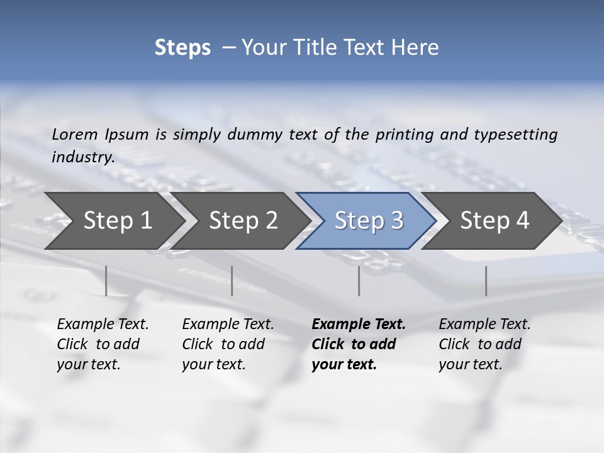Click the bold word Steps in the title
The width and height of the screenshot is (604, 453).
click(182, 48)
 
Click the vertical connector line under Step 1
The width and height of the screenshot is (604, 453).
click(106, 281)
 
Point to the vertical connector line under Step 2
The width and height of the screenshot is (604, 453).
click(232, 281)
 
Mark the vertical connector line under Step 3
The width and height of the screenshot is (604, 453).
click(359, 281)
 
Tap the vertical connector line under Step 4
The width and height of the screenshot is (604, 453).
click(486, 281)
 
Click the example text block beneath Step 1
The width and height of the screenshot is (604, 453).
click(103, 344)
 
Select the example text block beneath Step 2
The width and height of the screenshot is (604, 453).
click(228, 344)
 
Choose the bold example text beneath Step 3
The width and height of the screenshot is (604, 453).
click(358, 344)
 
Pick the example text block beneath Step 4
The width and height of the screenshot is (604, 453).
click(484, 344)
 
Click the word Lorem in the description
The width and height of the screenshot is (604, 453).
click(74, 135)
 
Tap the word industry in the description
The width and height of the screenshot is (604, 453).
click(82, 157)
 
